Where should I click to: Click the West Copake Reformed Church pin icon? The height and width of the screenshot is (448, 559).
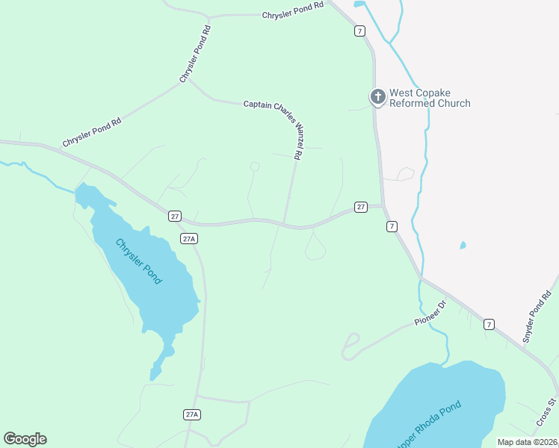tap(378, 96)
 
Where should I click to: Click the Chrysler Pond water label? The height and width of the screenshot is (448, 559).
tap(138, 261)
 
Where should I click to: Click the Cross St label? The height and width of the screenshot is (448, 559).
tap(546, 413)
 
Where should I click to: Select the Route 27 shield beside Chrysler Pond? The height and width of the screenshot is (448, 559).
tap(175, 216)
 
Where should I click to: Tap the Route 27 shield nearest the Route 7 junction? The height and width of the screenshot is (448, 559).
tap(360, 207)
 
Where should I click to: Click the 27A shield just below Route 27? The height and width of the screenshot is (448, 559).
tap(189, 238)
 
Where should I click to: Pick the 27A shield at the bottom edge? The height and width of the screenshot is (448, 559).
tap(192, 414)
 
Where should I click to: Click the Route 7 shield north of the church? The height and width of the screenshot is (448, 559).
tap(360, 31)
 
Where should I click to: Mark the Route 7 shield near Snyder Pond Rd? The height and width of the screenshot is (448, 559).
tap(489, 324)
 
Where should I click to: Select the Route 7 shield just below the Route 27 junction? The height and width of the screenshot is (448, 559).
tap(392, 226)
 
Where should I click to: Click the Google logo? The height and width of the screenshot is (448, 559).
tap(25, 439)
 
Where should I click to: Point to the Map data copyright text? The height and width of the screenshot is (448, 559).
tap(528, 442)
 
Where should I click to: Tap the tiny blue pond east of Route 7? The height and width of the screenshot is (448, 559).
tap(463, 245)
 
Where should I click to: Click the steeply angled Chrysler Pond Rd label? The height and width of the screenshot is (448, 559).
tap(196, 54)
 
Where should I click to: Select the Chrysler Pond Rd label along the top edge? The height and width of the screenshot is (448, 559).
tap(293, 10)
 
